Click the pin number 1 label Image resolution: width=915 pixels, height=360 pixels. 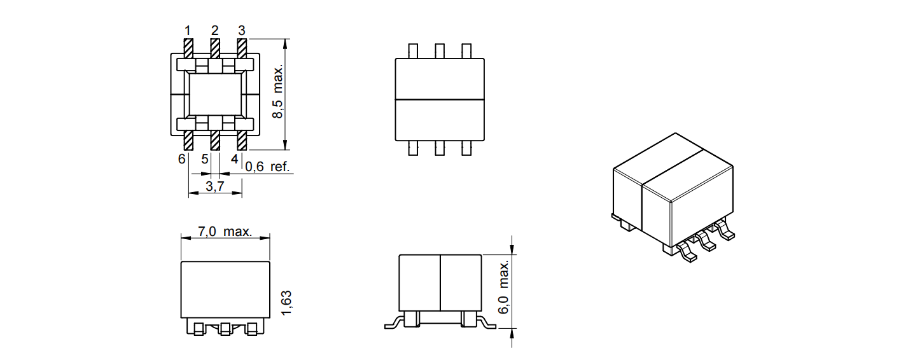pyautogui.click(x=188, y=31)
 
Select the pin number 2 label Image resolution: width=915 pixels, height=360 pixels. pyautogui.click(x=215, y=31)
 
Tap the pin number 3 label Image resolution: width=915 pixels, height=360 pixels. pyautogui.click(x=242, y=31)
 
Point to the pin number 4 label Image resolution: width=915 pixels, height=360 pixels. pyautogui.click(x=234, y=159)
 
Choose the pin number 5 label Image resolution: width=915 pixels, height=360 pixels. pyautogui.click(x=205, y=159)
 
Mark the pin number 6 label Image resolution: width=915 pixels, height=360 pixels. pyautogui.click(x=182, y=159)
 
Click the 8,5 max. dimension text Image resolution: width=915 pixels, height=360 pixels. pyautogui.click(x=277, y=92)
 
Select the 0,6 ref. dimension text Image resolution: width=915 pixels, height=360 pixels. pyautogui.click(x=267, y=167)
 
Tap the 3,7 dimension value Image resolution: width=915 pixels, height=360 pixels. pyautogui.click(x=215, y=186)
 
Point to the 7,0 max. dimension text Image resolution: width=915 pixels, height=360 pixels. pyautogui.click(x=225, y=232)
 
